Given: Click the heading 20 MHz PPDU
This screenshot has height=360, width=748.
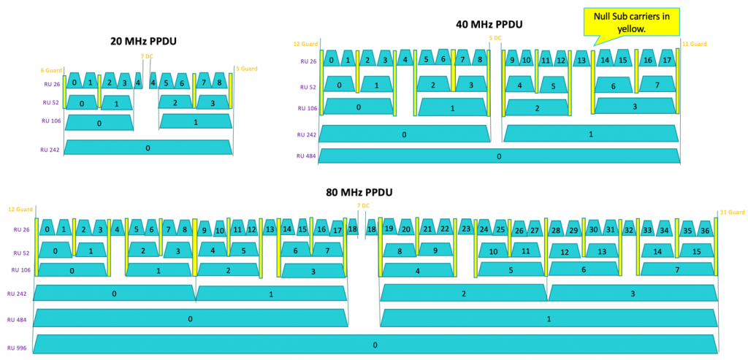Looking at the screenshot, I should (x=147, y=42).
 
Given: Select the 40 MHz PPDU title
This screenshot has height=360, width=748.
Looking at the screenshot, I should (x=489, y=24).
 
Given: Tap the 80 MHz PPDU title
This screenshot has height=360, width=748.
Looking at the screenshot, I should (x=359, y=192).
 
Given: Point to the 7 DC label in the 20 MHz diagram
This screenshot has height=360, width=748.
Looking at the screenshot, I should (x=148, y=55).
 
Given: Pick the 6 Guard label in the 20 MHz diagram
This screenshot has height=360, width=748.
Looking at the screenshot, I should (x=50, y=70).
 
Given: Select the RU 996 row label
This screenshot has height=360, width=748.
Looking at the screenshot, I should (x=18, y=348).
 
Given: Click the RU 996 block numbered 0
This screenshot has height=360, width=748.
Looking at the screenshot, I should (x=375, y=345).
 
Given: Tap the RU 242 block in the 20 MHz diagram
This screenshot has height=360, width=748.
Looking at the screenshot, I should (x=148, y=148).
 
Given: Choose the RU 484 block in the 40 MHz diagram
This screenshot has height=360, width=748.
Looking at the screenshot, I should (x=499, y=156).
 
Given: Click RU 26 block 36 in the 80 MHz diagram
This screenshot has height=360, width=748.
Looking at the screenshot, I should (x=705, y=231).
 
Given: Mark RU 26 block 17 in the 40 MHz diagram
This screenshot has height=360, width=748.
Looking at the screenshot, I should (x=665, y=60).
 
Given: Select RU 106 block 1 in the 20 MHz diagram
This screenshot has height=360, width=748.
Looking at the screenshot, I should (x=195, y=123).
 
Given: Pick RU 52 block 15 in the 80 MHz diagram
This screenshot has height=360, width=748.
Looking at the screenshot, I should (x=696, y=251).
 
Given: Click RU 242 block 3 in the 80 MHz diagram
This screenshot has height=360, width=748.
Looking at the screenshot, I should (x=633, y=294).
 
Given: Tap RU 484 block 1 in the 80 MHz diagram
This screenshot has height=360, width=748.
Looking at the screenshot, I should (x=548, y=318).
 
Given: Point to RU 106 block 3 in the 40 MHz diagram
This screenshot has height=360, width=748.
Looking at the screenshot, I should (x=634, y=107).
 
